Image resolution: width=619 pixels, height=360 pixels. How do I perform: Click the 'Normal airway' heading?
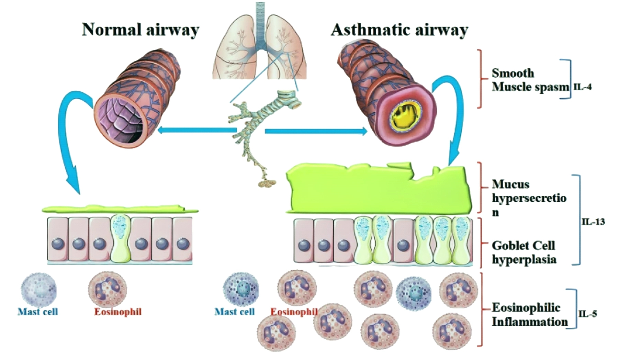coord(140,30)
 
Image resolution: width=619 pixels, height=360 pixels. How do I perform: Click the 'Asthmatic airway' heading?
coord(399,30)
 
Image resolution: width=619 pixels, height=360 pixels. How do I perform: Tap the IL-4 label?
coord(583,87)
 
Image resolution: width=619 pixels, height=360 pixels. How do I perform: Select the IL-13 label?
coord(593,222)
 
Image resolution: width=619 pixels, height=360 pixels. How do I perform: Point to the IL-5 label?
coord(588,314)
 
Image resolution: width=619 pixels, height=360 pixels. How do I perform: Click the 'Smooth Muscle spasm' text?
coord(529,80)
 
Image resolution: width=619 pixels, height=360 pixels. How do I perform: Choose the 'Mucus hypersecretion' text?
coord(528,198)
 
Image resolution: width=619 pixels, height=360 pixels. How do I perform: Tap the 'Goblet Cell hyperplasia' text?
coord(524,252)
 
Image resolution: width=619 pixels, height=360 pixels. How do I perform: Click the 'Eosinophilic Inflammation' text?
coord(529,315)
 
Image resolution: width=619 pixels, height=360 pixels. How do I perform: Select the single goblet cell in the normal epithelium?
coord(121,239)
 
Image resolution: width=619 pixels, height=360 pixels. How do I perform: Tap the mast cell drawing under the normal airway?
coord(38,289)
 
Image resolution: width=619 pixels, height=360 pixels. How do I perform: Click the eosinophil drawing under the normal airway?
coord(108,289)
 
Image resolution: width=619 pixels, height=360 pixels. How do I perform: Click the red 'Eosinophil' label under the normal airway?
coord(118,312)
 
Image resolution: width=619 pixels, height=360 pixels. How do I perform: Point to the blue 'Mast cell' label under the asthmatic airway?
coord(235,312)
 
